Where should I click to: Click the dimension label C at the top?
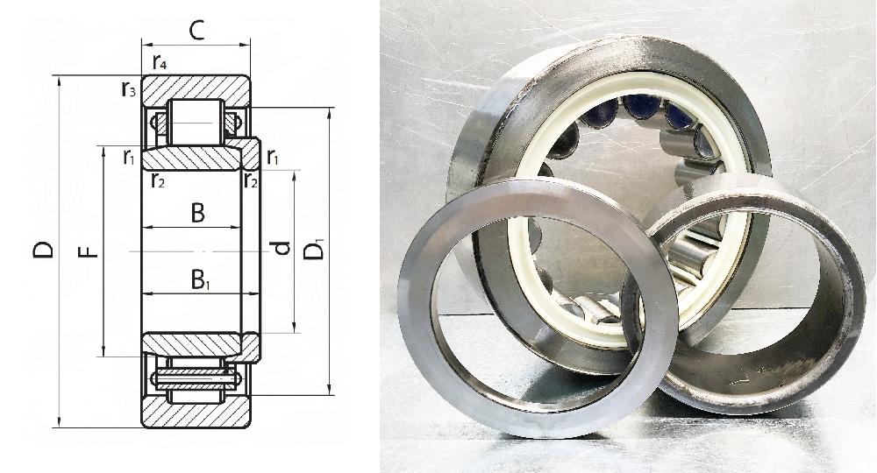[x=196, y=32]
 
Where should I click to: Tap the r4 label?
[x=160, y=64]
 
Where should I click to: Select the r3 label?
[x=129, y=89]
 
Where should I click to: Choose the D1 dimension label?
[x=314, y=249]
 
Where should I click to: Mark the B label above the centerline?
[x=197, y=213]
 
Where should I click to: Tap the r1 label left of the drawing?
[x=129, y=158]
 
